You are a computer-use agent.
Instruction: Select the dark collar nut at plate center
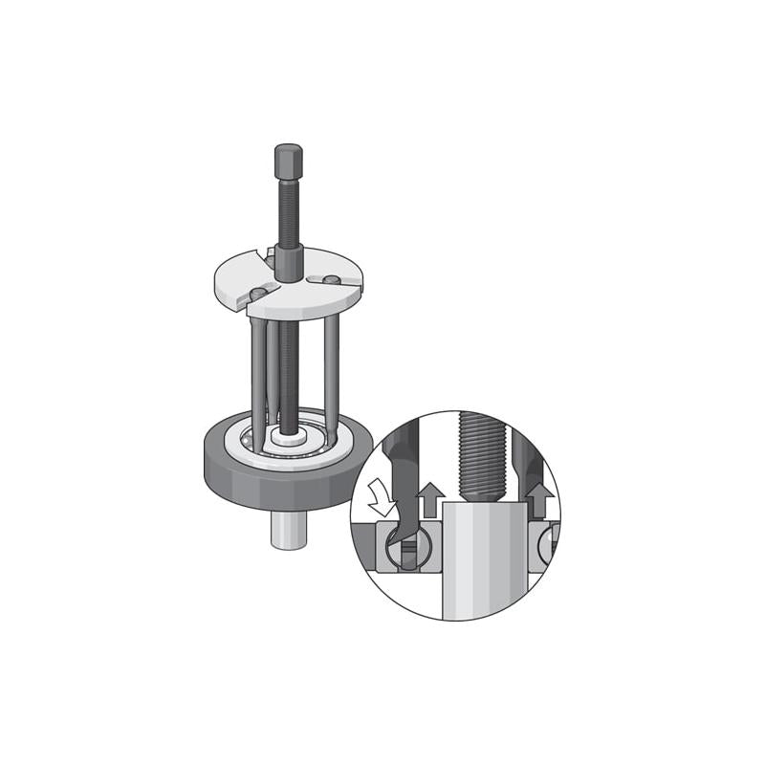[x=289, y=263]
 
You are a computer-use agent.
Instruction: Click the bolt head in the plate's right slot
[x=330, y=279]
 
